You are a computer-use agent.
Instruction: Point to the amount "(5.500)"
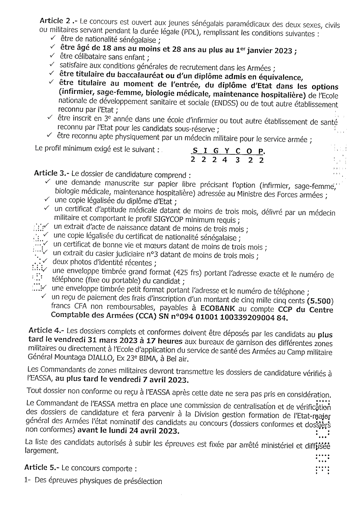pyautogui.click(x=321, y=301)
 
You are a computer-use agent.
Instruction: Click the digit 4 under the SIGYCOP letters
pyautogui.click(x=225, y=159)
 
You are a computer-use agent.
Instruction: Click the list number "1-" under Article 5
pyautogui.click(x=28, y=481)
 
